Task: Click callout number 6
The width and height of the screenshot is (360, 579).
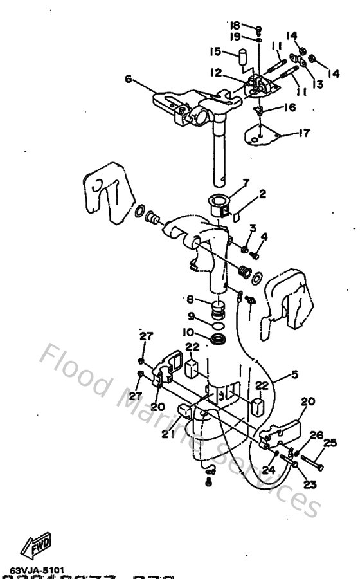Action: click(128, 79)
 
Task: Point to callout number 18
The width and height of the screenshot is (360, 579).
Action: click(235, 24)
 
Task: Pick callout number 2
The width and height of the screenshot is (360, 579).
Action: click(263, 193)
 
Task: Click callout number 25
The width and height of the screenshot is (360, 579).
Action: click(330, 443)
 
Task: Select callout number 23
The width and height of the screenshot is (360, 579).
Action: click(309, 484)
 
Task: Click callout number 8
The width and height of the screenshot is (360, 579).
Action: click(190, 299)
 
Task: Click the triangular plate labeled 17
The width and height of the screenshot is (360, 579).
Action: click(264, 137)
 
